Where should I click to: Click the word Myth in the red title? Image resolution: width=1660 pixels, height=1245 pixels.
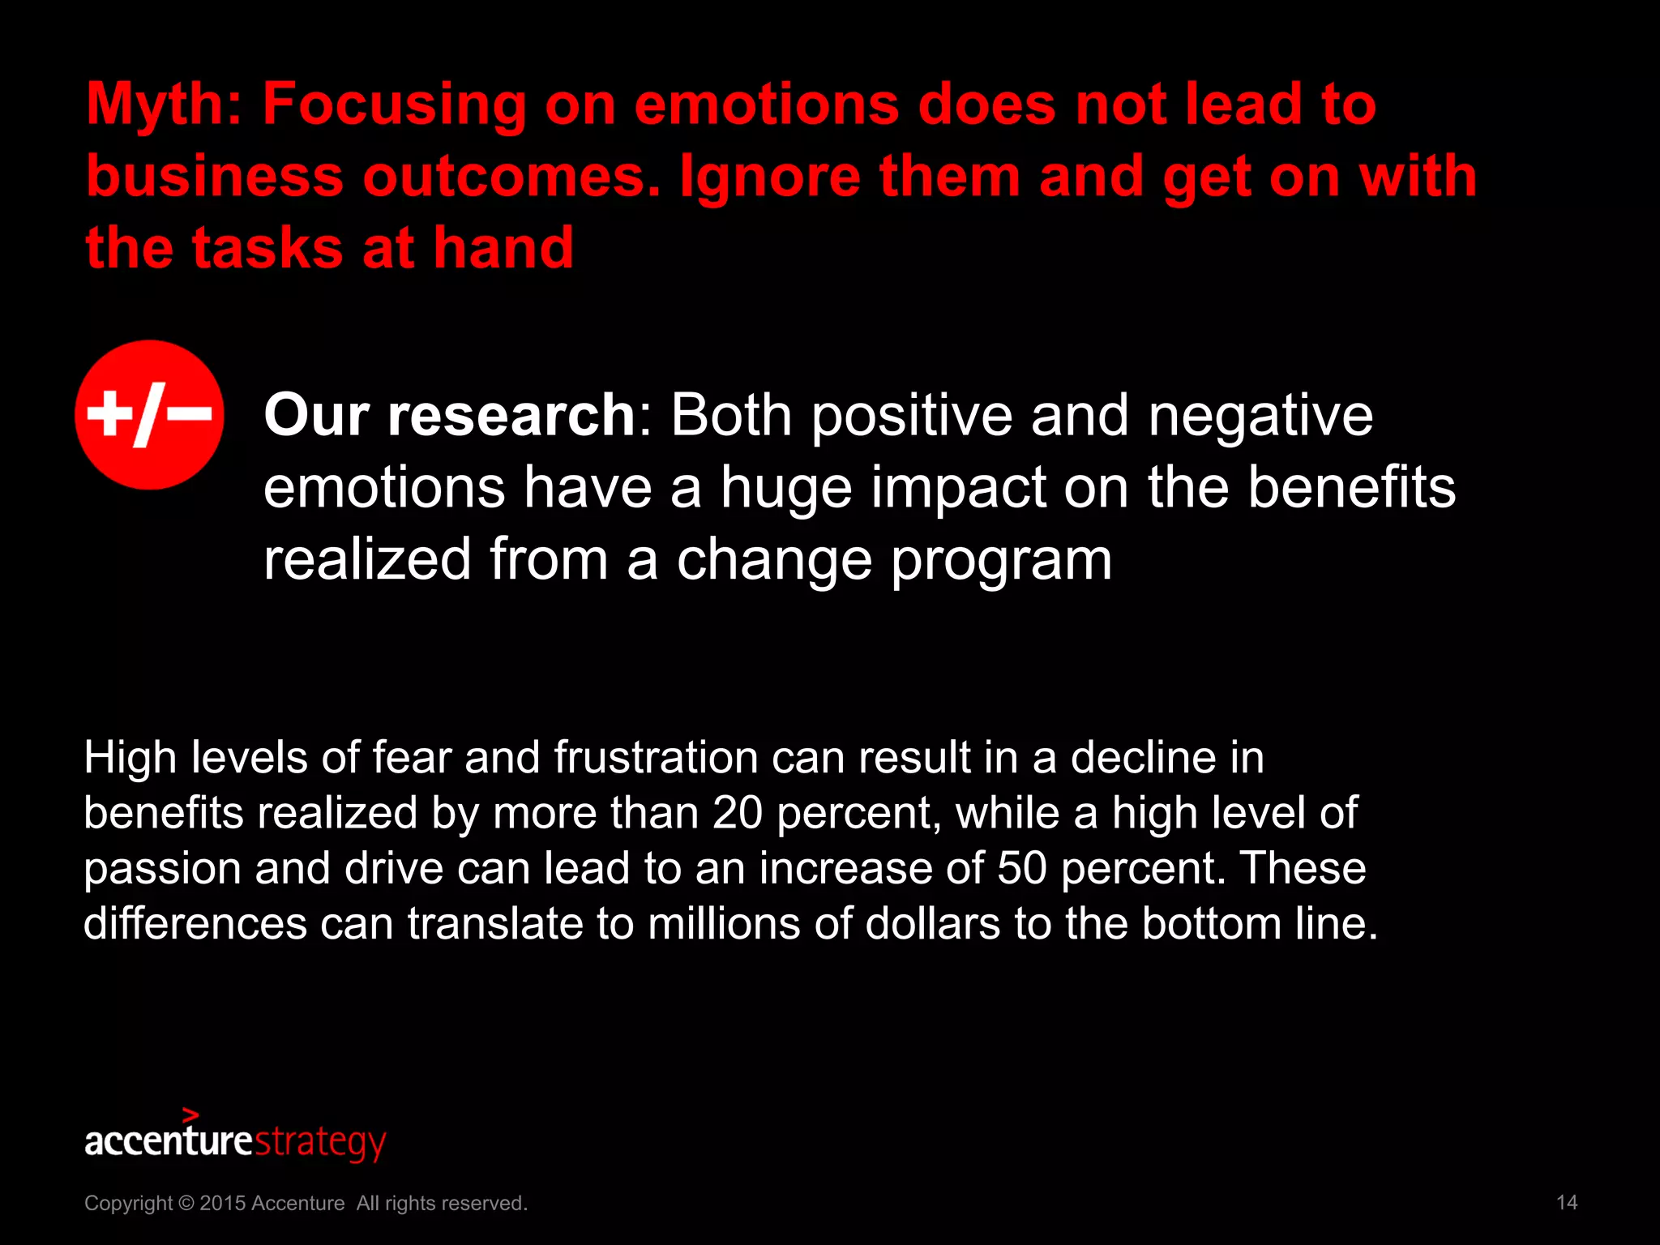[163, 105]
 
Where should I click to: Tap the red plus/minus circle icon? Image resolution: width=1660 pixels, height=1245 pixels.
[150, 415]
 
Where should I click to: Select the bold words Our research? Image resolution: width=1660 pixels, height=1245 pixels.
[450, 416]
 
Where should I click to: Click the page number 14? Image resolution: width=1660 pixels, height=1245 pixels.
[1567, 1202]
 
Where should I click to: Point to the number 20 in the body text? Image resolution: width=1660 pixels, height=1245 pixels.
[737, 813]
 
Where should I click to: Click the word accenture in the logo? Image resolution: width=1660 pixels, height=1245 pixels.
[169, 1141]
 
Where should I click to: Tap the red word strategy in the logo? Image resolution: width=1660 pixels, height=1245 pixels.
[321, 1143]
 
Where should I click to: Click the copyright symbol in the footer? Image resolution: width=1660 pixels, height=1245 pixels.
[186, 1203]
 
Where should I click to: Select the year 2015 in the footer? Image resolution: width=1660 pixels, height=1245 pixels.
[223, 1203]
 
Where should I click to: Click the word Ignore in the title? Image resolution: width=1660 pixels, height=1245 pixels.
[769, 177]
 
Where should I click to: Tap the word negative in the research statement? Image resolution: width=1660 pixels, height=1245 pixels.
[1260, 416]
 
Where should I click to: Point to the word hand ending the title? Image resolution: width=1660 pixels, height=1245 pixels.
[503, 248]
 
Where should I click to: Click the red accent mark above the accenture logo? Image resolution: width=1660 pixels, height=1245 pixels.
[190, 1115]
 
